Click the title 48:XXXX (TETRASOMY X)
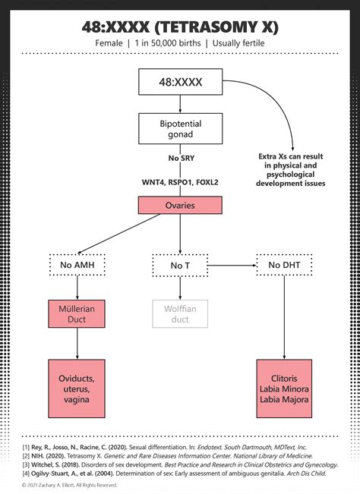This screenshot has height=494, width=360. (180, 27)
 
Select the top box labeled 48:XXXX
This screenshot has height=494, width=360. (179, 82)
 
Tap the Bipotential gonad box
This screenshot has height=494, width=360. (179, 128)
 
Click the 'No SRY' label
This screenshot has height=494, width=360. (179, 158)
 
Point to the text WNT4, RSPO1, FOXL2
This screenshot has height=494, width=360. (179, 182)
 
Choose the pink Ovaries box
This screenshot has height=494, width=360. (179, 205)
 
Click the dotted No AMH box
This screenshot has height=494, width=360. (76, 265)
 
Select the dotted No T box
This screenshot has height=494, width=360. (179, 265)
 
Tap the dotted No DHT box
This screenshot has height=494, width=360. (283, 265)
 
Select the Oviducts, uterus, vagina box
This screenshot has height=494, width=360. (76, 389)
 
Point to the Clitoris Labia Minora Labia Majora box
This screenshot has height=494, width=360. (283, 389)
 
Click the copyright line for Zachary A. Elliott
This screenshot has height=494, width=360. (70, 484)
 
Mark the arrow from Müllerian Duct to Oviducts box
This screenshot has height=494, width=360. (76, 345)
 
